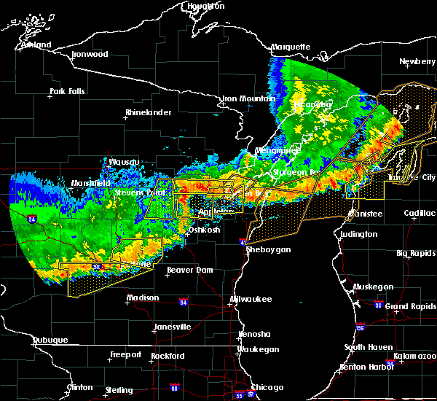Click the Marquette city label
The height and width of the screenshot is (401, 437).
click(x=291, y=47)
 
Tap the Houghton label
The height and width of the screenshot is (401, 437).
click(x=205, y=6)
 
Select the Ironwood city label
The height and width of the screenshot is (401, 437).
click(x=90, y=54)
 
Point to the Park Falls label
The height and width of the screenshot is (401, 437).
click(x=67, y=91)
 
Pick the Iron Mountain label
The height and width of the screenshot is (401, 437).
click(x=248, y=98)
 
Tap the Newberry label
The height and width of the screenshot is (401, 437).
click(x=417, y=61)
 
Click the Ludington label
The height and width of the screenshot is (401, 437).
click(x=358, y=234)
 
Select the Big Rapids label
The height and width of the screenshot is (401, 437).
click(x=415, y=253)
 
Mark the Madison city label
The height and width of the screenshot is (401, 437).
click(x=142, y=297)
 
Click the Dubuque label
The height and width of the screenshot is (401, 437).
click(x=50, y=340)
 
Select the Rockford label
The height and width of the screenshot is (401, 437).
click(x=168, y=356)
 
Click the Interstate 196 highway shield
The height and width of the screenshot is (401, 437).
click(x=361, y=327)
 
